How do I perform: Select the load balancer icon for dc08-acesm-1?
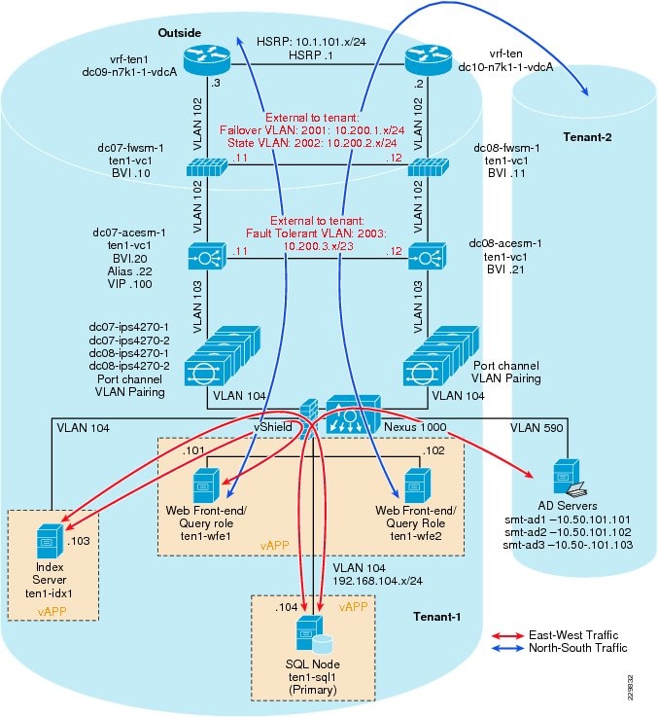(x=425, y=258)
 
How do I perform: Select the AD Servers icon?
(x=566, y=477)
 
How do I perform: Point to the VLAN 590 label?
(x=529, y=425)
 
